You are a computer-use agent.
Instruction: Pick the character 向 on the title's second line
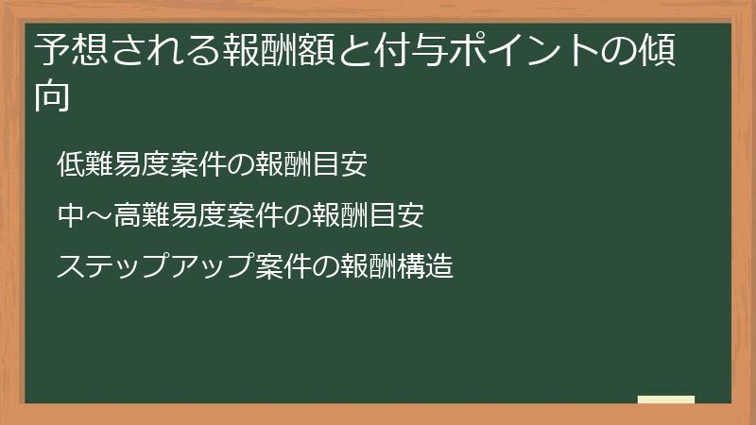pyautogui.click(x=52, y=96)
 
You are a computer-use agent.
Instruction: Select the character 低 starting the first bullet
pyautogui.click(x=71, y=164)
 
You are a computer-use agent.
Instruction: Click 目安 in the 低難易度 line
pyautogui.click(x=340, y=164)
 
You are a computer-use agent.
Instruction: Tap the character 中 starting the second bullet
pyautogui.click(x=71, y=216)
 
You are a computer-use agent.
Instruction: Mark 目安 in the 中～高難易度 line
pyautogui.click(x=397, y=216)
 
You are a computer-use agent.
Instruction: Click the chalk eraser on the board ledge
pyautogui.click(x=666, y=399)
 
